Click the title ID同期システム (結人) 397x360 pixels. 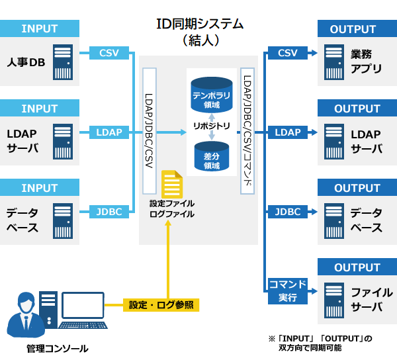(199, 32)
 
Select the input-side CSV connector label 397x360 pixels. (109, 53)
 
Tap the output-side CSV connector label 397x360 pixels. (288, 53)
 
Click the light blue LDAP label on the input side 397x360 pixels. (109, 132)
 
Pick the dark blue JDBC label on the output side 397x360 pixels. (288, 212)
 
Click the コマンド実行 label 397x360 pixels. (288, 291)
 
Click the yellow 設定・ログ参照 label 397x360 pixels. (161, 305)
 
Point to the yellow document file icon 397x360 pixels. (172, 184)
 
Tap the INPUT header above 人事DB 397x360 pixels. (40, 28)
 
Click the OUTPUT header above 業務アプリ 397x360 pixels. (357, 29)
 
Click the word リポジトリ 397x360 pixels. (212, 126)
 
